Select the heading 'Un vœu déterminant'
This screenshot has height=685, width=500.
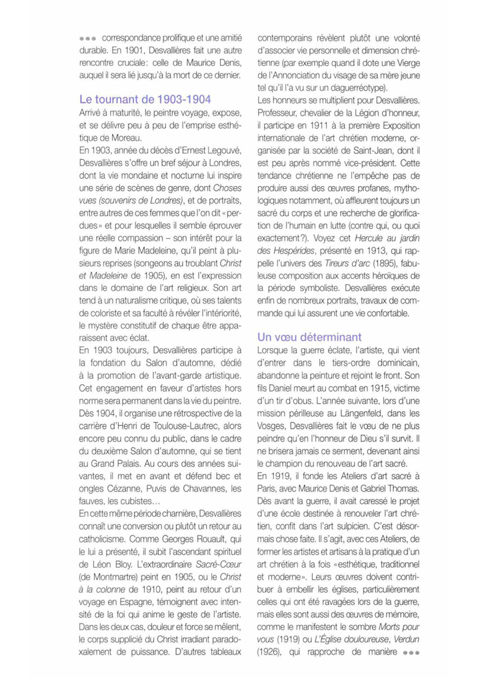[x=309, y=337]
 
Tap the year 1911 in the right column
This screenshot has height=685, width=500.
[x=316, y=125]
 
